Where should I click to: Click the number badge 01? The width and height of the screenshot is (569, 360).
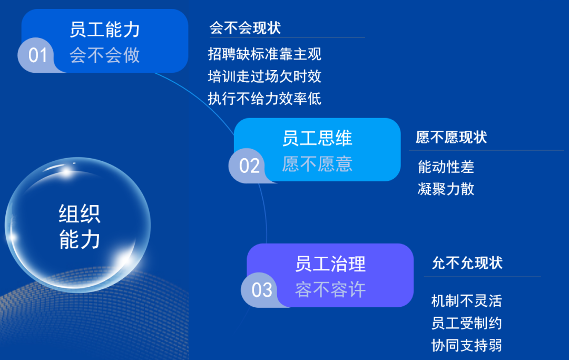point(38,55)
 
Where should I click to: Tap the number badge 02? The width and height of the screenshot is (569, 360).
point(249,166)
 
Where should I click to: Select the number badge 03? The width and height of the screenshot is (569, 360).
point(262,290)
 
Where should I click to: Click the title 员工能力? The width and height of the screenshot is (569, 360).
point(105,30)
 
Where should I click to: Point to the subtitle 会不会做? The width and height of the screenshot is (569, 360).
point(105,55)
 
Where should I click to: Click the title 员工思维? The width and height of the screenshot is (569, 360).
point(317,139)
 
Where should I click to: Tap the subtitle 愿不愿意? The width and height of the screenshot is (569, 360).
point(317,164)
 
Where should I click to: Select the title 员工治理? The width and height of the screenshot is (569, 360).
point(330,264)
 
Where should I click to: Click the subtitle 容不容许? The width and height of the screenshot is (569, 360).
point(330,289)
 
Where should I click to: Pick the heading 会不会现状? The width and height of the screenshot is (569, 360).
point(245,28)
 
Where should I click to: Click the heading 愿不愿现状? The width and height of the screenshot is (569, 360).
point(451,138)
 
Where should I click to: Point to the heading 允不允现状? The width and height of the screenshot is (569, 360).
point(467,263)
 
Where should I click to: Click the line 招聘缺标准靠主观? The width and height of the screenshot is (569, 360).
point(264,54)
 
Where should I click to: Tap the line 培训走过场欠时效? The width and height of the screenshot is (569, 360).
point(264,76)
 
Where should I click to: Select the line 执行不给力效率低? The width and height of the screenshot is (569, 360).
point(264,99)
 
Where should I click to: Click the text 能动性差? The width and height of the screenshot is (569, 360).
point(446,167)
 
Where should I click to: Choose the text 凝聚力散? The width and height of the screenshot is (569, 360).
point(446,189)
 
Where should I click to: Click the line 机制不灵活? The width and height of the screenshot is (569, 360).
point(466,301)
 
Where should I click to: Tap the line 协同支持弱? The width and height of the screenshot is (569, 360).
point(466,346)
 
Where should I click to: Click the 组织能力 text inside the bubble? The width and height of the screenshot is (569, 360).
point(80,227)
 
